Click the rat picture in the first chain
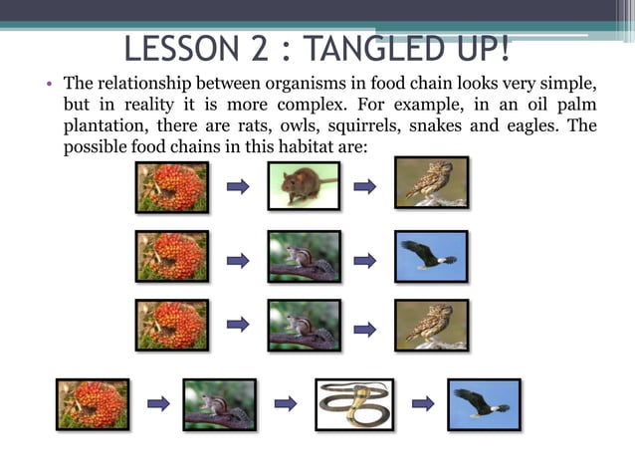click(x=304, y=185)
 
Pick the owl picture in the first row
click(x=431, y=183)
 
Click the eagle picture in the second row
click(x=431, y=257)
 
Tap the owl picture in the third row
click(x=431, y=325)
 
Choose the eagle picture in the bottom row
click(x=484, y=403)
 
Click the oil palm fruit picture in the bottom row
click(x=93, y=403)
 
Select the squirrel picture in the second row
click(x=304, y=257)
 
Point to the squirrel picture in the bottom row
click(x=219, y=403)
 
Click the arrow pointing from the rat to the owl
click(x=365, y=186)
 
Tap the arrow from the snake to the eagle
click(x=422, y=403)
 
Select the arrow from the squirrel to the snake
click(x=286, y=403)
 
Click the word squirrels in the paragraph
click(x=385, y=125)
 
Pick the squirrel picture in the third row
click(x=304, y=325)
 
